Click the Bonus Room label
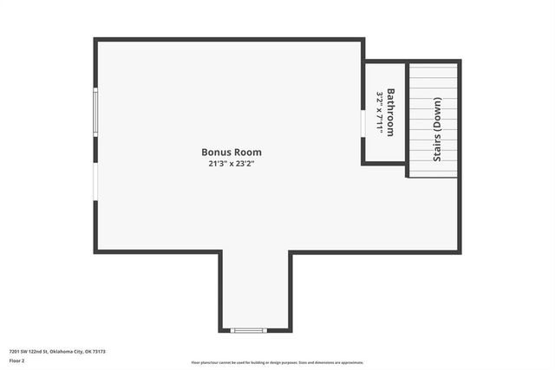coord(231,152)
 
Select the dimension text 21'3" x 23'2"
coord(231,163)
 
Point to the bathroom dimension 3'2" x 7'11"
coord(380,112)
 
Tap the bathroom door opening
coord(362,122)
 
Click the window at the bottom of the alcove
coord(249,330)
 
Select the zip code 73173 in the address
coord(99,351)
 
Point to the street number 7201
coord(15,351)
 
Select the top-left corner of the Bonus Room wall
coord(95,40)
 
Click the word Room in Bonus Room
coord(247,152)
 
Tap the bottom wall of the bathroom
coord(384,163)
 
